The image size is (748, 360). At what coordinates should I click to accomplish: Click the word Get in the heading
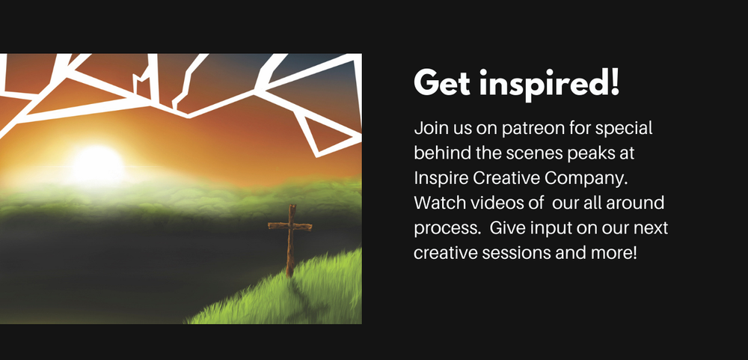(x=442, y=83)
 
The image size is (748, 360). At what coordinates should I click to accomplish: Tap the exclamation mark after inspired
(x=614, y=82)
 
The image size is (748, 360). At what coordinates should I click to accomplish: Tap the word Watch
(x=440, y=203)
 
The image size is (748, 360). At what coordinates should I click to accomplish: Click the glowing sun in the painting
(x=97, y=165)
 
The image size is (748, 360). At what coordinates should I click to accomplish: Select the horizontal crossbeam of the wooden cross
(x=290, y=226)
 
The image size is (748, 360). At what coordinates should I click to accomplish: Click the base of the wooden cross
(x=289, y=274)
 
